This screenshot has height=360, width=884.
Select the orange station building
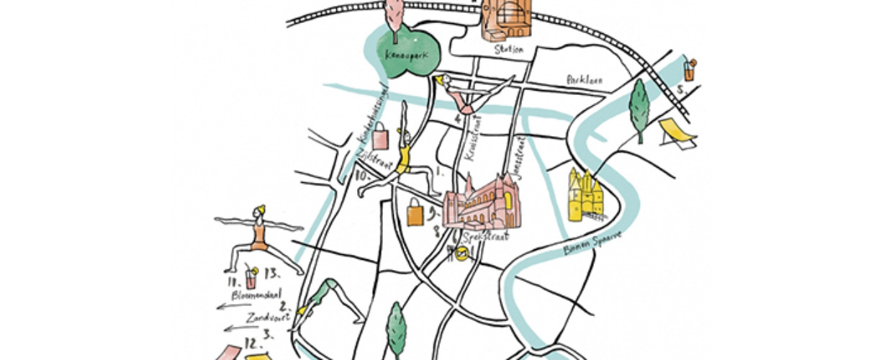point(506,19)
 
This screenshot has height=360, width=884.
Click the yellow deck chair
point(677,134)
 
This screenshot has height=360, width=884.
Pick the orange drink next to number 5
point(690,71)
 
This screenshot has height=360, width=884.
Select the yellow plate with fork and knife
point(462,252)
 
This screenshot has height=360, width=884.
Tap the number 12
point(252,342)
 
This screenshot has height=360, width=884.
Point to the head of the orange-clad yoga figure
point(258,212)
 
